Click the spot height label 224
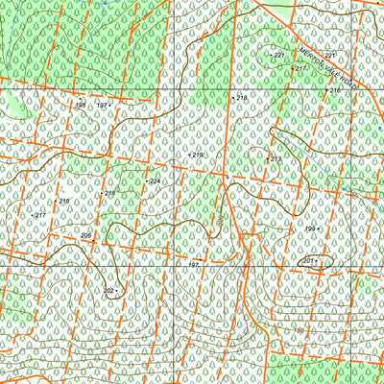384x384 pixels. (x=155, y=180)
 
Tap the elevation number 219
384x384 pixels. (x=197, y=155)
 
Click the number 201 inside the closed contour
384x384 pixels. (x=308, y=261)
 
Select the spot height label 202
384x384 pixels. (x=108, y=290)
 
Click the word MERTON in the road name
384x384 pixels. (x=306, y=49)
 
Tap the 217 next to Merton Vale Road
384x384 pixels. (x=300, y=70)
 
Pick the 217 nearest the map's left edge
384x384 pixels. (x=40, y=215)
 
